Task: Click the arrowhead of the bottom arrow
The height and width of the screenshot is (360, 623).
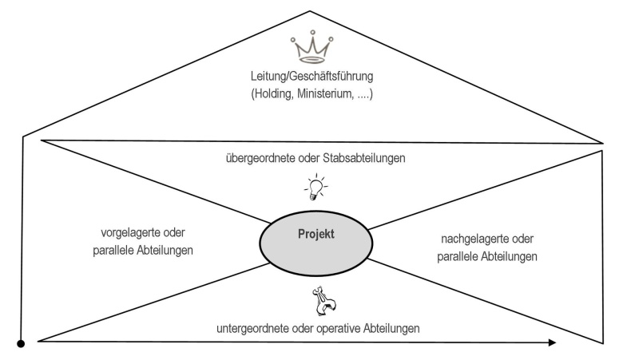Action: point(551,343)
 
